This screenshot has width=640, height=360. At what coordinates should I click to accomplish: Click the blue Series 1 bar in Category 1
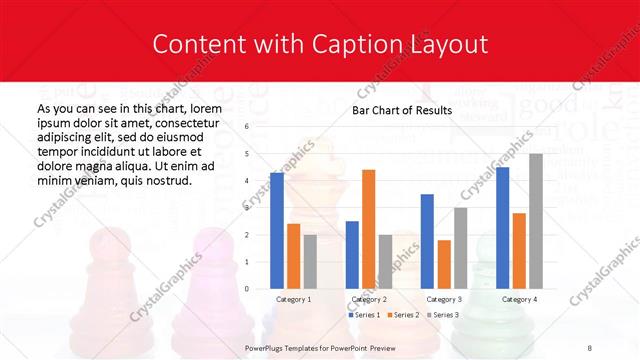coord(277,230)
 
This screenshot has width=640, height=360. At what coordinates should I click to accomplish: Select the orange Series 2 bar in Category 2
coord(368,229)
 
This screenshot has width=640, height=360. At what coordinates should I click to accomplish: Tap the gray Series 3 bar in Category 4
coord(535,221)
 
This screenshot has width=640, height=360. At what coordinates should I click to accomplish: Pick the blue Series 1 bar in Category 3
coord(427,241)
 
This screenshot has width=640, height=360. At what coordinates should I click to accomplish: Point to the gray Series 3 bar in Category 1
coord(310,261)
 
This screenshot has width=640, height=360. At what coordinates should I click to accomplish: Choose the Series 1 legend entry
coord(365,315)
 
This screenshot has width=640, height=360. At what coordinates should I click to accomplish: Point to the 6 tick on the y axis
coord(246,127)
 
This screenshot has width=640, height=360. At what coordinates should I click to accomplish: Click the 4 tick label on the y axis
coord(246,181)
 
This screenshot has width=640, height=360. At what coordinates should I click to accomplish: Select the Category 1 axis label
coord(293,299)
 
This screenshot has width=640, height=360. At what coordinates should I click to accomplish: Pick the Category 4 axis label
coord(518,299)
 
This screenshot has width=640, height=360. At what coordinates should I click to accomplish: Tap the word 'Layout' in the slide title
coord(447,44)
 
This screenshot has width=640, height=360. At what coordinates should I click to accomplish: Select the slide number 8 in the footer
coord(589,347)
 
